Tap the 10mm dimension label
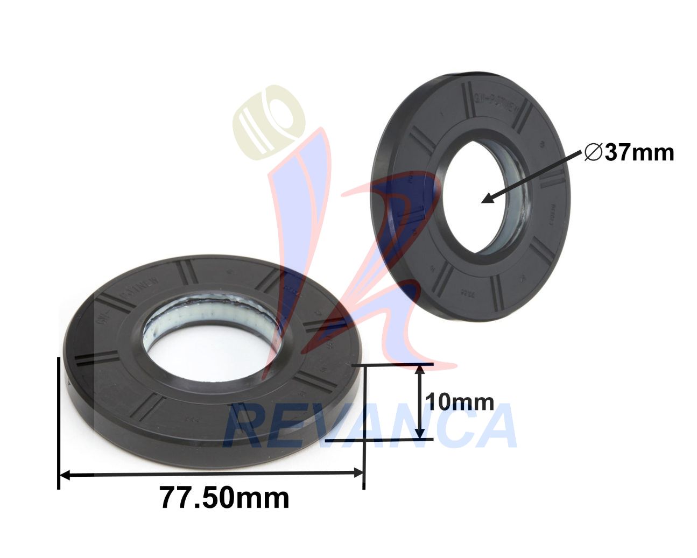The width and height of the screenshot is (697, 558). pos(459,402)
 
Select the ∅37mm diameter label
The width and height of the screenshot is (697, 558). pos(629,153)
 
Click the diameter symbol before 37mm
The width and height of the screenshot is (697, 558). pos(593,153)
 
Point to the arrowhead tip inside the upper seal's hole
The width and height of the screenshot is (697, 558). pos(483,201)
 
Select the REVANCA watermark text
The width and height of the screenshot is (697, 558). pos(371,425)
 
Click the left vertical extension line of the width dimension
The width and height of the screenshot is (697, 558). pos(58,420)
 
